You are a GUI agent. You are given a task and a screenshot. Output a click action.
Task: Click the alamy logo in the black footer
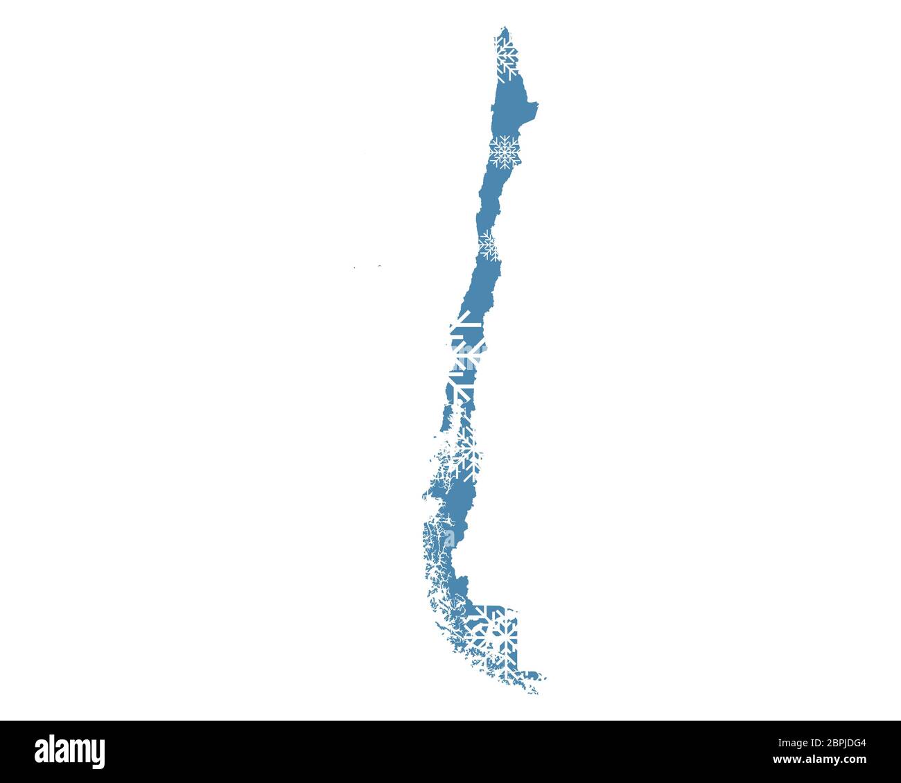70,751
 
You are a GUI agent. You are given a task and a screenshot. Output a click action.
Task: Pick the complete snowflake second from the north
505,152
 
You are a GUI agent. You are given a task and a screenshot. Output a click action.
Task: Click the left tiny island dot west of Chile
354,267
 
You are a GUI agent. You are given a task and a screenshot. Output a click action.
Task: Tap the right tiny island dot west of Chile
379,265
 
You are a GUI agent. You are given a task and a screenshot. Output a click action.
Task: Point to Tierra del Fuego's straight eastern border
518,641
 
